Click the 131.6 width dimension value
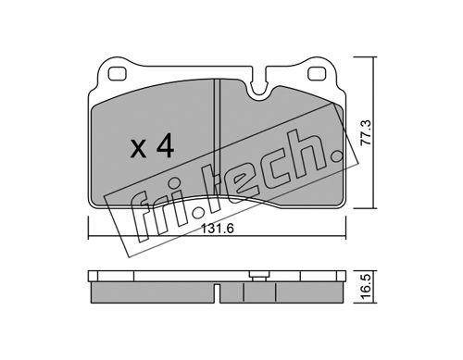218,229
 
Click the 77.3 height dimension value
367,132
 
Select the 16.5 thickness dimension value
367,287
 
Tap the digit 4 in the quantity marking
166,147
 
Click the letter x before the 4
138,150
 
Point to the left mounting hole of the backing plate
118,74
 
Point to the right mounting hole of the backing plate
317,74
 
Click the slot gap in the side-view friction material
217,293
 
